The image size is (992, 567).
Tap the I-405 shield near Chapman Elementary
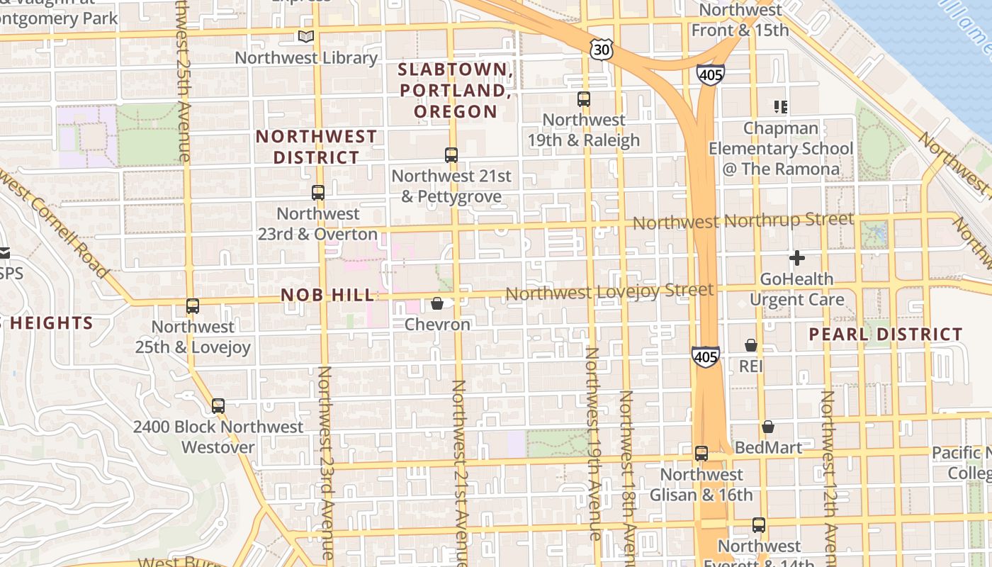710,74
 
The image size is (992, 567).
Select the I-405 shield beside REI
706,357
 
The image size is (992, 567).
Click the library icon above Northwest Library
305,36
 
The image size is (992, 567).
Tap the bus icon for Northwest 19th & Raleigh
584,99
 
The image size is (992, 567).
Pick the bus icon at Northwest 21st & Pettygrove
451,155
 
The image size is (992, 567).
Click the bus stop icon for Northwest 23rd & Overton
318,192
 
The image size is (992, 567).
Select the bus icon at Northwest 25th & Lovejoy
193,305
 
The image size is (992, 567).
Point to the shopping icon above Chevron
437,303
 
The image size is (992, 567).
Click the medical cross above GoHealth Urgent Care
797,258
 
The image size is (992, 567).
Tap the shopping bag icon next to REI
751,345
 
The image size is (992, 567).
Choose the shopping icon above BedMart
768,427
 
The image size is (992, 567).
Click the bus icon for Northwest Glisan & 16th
701,453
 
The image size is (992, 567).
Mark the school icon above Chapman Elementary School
781,107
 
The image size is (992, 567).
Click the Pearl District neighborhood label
886,334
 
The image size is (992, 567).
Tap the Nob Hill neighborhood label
327,295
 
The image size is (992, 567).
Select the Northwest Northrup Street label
743,221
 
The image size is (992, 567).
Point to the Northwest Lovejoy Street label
609,291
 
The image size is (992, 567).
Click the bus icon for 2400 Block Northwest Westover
218,406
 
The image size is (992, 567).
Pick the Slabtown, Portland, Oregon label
456,90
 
